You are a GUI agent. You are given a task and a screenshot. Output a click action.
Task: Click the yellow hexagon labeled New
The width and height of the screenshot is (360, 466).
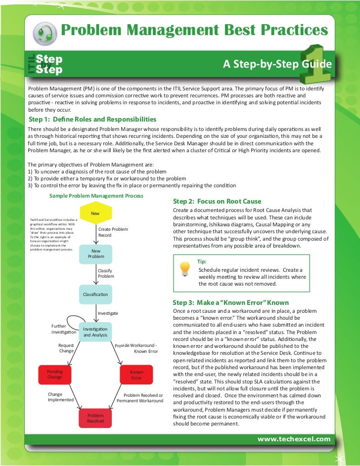point(95,213)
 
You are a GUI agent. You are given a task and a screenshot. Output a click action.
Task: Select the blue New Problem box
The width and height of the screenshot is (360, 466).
point(96,254)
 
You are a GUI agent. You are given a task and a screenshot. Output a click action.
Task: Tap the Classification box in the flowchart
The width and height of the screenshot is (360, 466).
point(95,295)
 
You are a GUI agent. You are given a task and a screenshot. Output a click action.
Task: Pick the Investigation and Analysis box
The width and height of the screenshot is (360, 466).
point(95,332)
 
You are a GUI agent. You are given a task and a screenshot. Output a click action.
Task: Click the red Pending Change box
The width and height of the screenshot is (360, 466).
point(54,374)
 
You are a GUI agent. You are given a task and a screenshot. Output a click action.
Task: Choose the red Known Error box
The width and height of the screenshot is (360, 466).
point(136,375)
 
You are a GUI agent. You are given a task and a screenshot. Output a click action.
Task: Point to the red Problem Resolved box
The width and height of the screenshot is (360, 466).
point(95,419)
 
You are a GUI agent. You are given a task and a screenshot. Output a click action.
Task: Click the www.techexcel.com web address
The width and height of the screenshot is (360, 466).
point(294,439)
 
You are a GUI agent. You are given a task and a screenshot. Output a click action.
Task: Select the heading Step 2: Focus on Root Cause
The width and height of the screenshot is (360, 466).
point(217,201)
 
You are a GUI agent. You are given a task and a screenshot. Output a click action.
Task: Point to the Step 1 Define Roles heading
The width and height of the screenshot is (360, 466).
point(92,120)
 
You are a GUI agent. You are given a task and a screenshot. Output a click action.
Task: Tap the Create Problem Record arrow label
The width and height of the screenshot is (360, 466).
point(113,232)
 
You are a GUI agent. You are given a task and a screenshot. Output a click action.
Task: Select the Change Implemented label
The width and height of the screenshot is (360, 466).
point(60,397)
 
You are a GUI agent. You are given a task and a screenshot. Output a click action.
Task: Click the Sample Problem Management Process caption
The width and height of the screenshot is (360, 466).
point(96,196)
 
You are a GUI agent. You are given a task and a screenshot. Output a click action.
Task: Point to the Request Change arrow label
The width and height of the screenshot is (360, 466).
point(66,348)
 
